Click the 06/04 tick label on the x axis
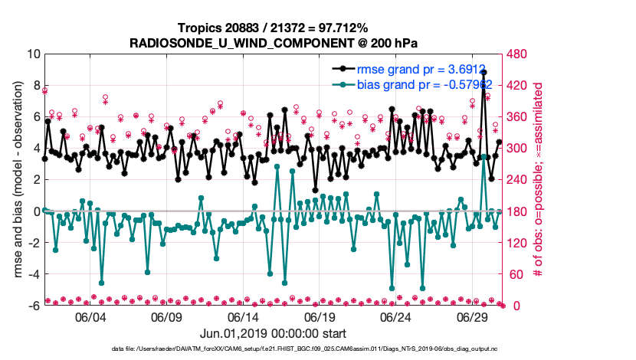(90, 317)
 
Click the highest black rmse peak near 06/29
(484, 72)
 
